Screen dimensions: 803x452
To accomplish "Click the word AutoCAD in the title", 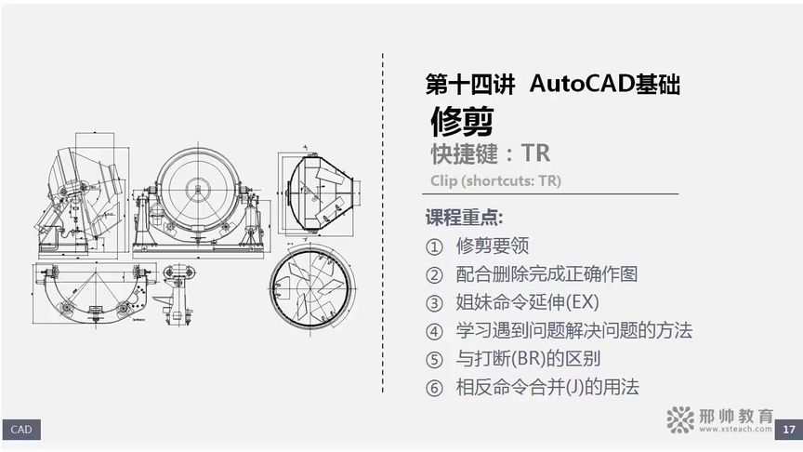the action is click(x=581, y=85).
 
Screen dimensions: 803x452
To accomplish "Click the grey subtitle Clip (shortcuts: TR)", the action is click(x=496, y=180).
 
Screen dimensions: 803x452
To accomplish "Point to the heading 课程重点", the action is click(x=464, y=218).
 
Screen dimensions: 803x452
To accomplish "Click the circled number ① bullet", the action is click(x=434, y=247).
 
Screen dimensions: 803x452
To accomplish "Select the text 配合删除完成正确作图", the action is click(x=546, y=274).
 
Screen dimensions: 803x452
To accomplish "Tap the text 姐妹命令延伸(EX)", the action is click(x=527, y=302).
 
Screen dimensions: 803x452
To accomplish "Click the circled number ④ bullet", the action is click(x=434, y=331).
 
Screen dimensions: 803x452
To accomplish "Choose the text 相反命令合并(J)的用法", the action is click(x=547, y=387).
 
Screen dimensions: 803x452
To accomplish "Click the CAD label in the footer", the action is click(x=20, y=429).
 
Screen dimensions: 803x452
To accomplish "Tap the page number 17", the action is click(x=788, y=429).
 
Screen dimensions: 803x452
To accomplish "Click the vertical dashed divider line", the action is click(x=383, y=223).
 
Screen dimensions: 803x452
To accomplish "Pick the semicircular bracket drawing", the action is click(x=89, y=294).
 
